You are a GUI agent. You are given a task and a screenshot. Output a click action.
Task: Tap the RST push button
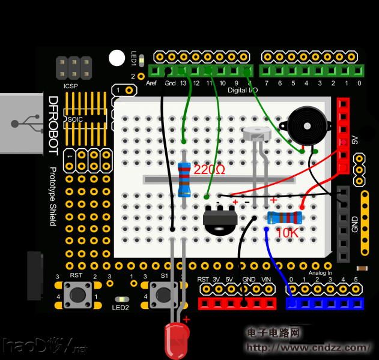[77, 295]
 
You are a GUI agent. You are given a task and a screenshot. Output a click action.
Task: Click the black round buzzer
[308, 127]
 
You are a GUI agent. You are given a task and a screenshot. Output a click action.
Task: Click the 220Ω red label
[210, 170]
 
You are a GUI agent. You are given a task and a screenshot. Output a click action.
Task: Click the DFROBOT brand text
[53, 126]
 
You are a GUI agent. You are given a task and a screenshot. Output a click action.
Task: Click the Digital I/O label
[243, 90]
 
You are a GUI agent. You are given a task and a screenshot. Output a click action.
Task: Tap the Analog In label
[320, 273]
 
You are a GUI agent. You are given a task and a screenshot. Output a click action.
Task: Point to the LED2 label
[120, 308]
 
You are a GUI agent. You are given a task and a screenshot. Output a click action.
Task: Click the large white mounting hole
[117, 58]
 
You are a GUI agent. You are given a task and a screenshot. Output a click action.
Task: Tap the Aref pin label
[151, 83]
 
